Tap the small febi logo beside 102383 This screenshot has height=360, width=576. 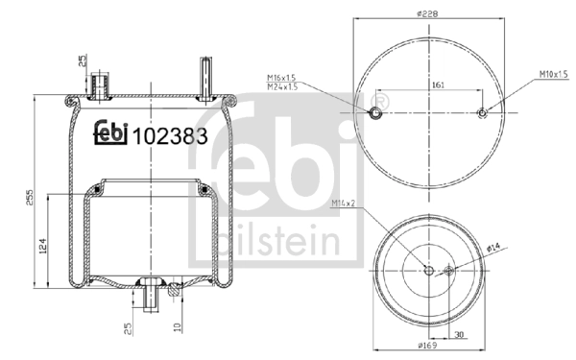point(112,134)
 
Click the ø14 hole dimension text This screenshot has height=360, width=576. point(492,251)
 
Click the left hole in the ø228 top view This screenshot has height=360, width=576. point(377,114)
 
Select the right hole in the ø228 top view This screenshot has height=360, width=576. point(483,114)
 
